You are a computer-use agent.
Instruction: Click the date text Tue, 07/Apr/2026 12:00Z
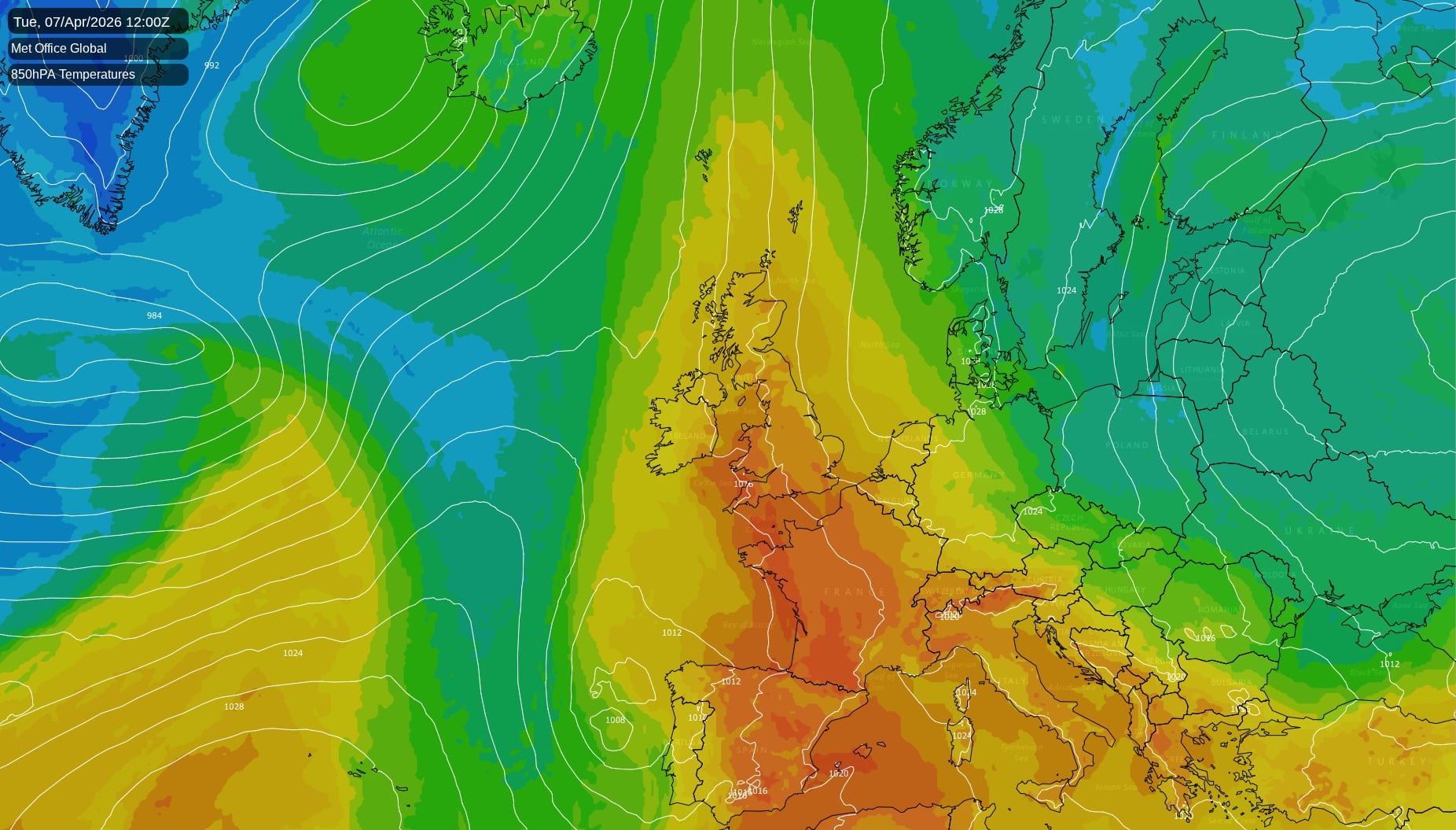tap(91, 22)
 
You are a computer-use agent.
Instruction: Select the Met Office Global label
tap(59, 49)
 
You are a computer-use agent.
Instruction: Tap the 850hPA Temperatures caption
tap(73, 75)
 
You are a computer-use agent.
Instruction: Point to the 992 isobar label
tap(211, 65)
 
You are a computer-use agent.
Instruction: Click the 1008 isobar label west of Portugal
tap(615, 720)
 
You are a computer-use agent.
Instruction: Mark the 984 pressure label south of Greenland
tap(154, 315)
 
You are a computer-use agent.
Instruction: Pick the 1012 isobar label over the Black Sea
tap(1389, 664)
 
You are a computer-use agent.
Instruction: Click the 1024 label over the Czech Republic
tap(1032, 511)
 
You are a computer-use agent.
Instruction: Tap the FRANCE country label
tap(855, 592)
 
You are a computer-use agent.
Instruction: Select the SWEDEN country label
tap(1072, 120)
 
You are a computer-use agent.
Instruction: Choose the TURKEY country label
tap(1396, 761)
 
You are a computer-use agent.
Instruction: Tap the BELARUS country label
tap(1266, 431)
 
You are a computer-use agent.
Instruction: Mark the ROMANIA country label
tap(1219, 610)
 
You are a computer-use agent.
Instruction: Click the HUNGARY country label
tap(1124, 589)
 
